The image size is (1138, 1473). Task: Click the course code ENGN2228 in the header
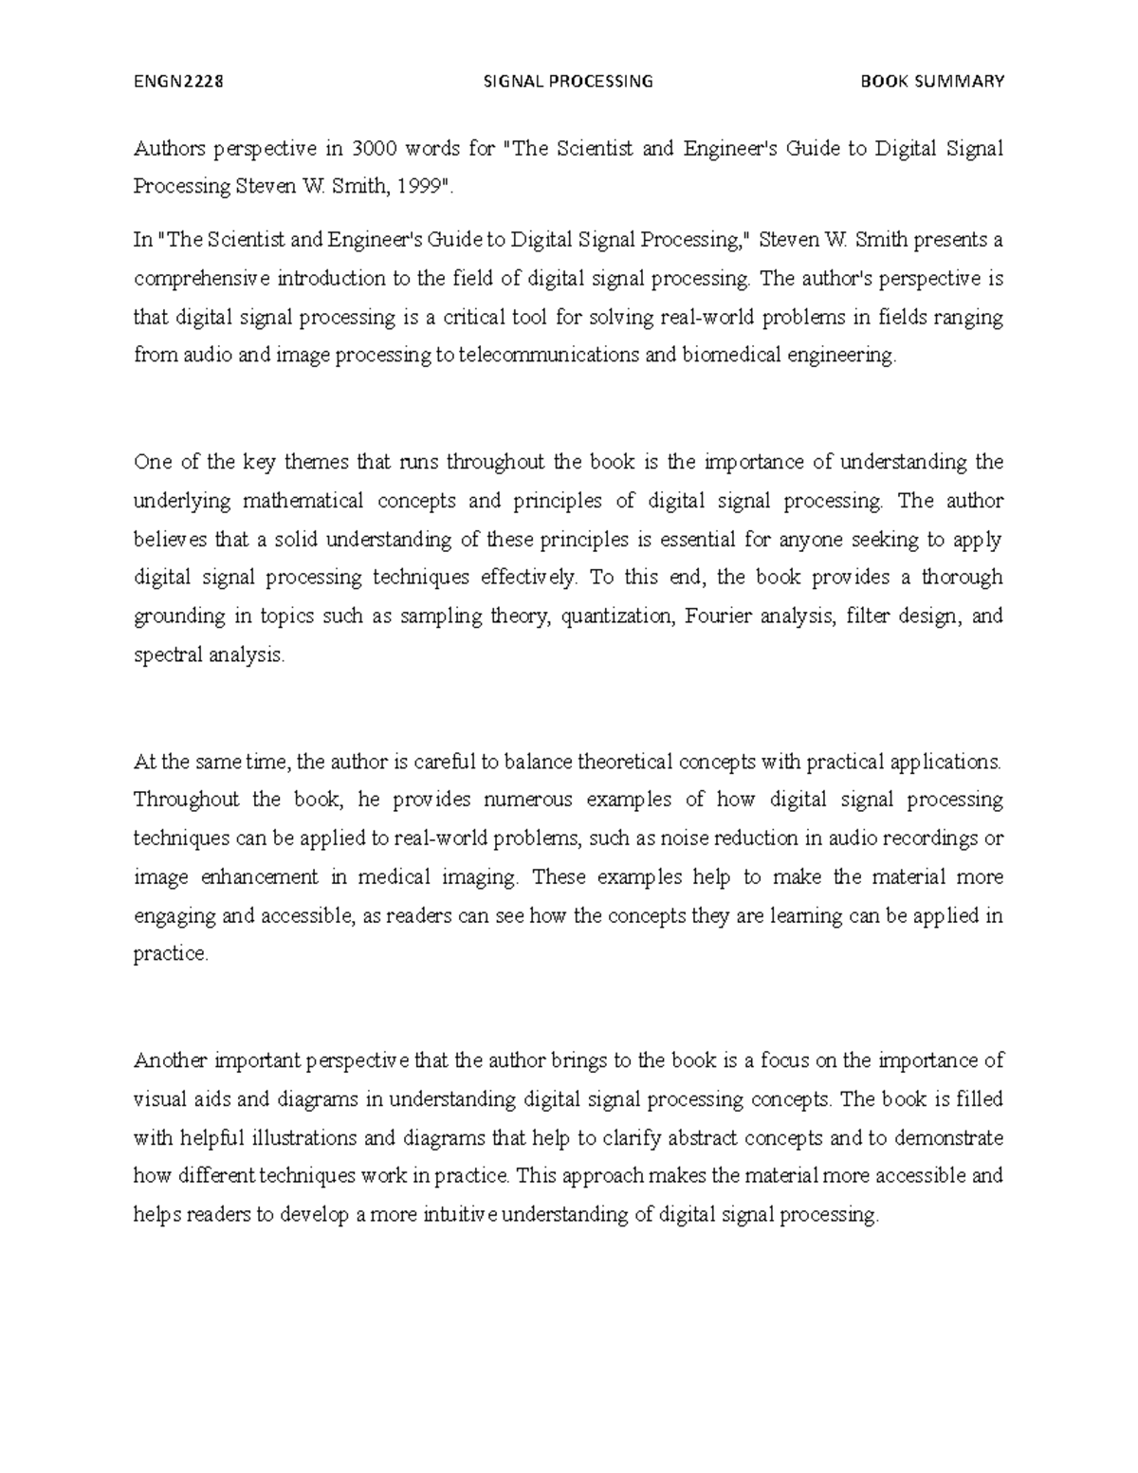(x=178, y=81)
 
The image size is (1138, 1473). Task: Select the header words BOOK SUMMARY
(x=931, y=81)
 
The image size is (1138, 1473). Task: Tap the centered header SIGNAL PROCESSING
(x=568, y=81)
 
